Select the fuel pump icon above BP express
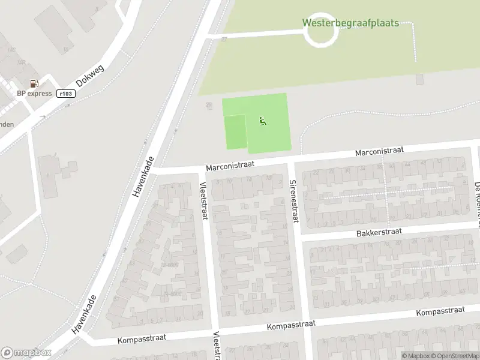pos(34,84)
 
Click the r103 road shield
pos(65,94)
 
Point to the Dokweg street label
pos(90,76)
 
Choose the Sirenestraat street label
pos(293,200)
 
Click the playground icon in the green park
pos(262,122)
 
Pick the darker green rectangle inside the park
pos(235,132)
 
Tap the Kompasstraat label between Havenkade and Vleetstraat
pos(142,340)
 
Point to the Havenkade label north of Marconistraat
pos(143,178)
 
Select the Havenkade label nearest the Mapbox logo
pos(84,314)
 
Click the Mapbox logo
pos(26,352)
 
